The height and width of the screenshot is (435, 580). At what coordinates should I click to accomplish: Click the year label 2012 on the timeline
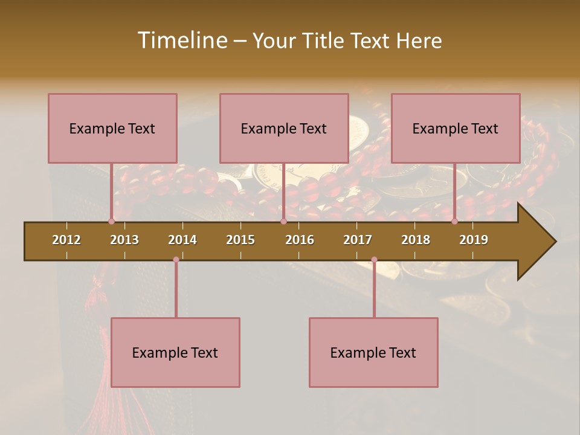(66, 240)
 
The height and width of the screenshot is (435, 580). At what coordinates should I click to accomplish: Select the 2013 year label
(124, 240)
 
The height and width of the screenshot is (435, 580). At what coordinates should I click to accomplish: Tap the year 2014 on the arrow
(182, 240)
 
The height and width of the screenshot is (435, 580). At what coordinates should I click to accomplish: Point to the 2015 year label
(240, 240)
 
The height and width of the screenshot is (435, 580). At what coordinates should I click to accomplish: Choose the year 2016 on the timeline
(300, 240)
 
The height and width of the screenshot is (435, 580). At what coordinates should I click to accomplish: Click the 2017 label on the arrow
(358, 240)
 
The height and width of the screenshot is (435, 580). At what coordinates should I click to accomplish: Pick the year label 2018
(416, 240)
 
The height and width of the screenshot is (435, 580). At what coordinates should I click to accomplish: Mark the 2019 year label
(474, 240)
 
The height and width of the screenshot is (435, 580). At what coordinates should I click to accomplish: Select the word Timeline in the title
(181, 40)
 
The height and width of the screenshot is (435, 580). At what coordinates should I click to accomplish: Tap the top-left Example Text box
(112, 128)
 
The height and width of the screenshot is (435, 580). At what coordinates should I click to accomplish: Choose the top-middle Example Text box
(284, 128)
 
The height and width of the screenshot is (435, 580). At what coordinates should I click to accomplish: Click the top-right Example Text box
(456, 128)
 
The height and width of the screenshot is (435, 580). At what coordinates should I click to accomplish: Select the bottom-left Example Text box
(175, 352)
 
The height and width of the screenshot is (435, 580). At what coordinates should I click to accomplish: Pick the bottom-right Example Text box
(373, 352)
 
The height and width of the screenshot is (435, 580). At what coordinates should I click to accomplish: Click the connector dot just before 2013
(111, 221)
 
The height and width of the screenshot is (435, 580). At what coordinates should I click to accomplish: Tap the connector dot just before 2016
(283, 221)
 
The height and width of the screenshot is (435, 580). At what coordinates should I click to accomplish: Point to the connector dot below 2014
(176, 260)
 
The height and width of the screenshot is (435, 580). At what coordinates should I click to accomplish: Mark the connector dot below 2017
(374, 260)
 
